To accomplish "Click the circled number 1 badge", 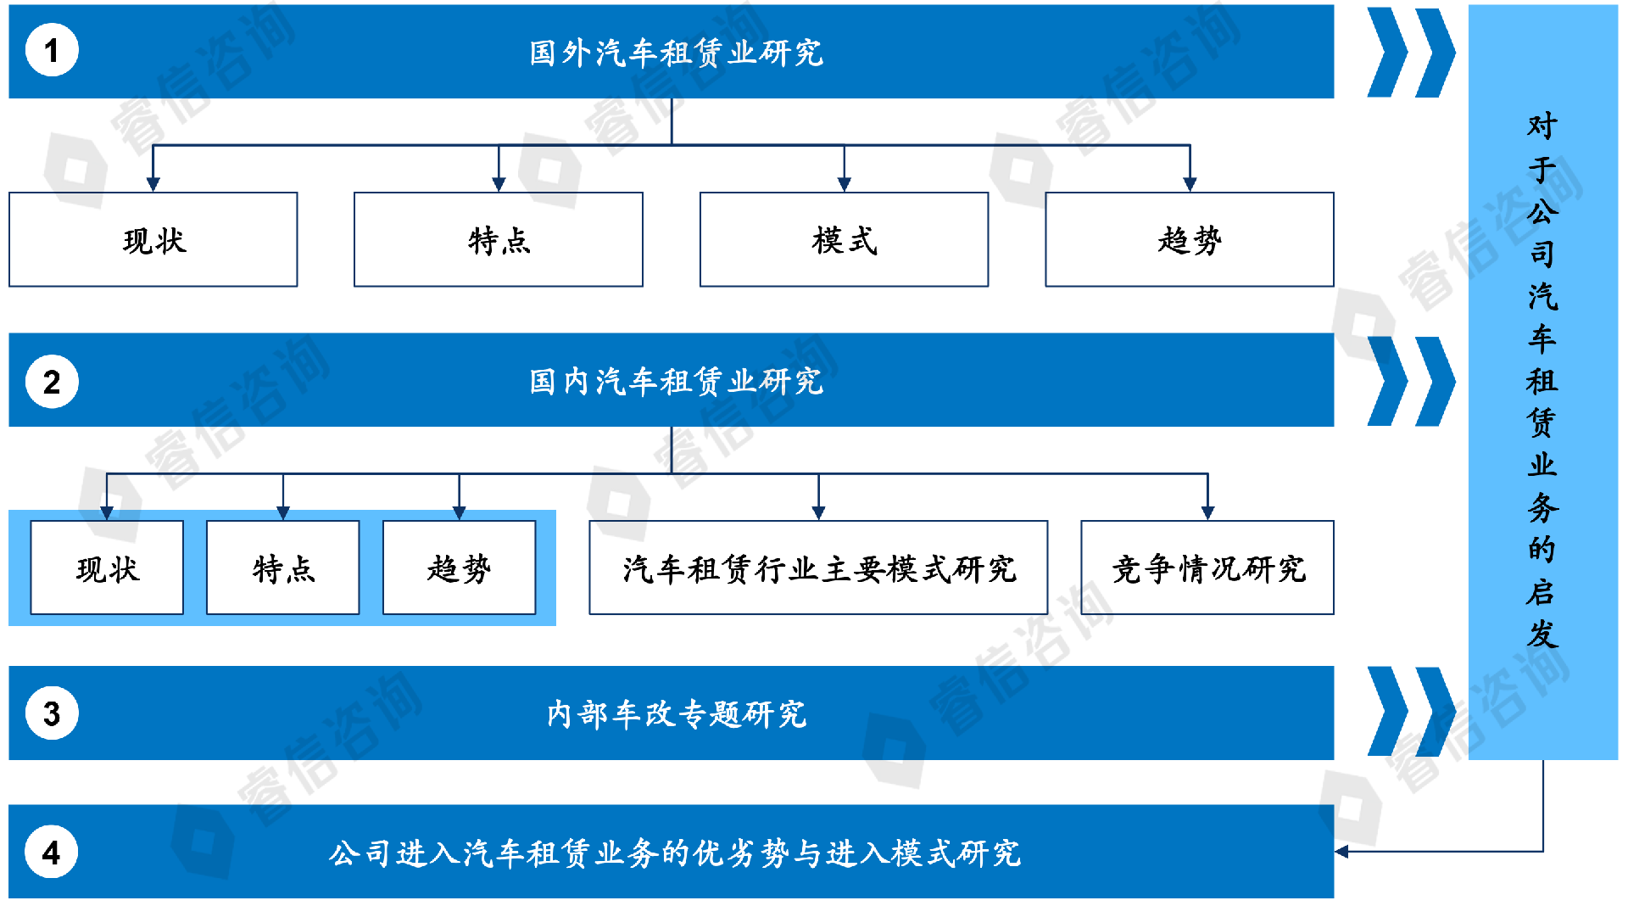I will (x=52, y=51).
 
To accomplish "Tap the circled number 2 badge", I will (x=52, y=382).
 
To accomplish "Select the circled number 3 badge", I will (x=52, y=713).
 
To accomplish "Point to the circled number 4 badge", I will (x=52, y=852).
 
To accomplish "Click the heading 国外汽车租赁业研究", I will (x=676, y=53).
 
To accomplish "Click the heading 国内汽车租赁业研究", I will (x=676, y=382).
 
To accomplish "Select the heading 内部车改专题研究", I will (x=676, y=714).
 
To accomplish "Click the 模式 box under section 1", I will (x=844, y=240).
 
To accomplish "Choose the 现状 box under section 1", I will (x=153, y=240).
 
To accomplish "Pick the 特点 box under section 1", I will (x=499, y=240).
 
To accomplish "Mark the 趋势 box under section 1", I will (x=1190, y=240).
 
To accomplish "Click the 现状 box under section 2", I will (x=107, y=568).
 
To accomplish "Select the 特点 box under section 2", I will (x=283, y=568).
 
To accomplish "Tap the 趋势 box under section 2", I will (x=459, y=568).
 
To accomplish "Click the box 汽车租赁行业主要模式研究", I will (x=818, y=568).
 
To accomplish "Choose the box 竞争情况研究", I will (x=1207, y=568).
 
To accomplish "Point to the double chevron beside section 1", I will (x=1411, y=53).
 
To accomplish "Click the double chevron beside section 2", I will (x=1411, y=382).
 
